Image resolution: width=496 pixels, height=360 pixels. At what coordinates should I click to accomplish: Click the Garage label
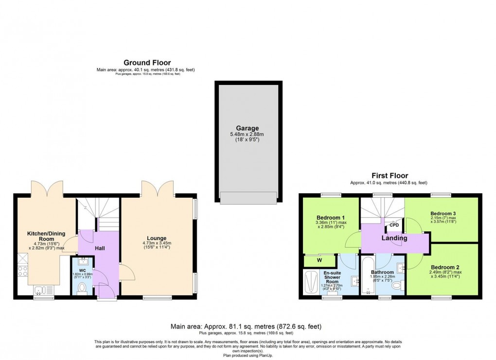(248, 129)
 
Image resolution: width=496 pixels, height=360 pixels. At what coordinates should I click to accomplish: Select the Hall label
(100, 248)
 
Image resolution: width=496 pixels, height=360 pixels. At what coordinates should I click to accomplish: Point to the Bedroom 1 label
(331, 217)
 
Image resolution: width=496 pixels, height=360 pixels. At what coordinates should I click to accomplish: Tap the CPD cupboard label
(394, 225)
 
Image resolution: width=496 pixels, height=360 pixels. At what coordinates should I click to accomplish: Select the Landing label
(394, 238)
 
